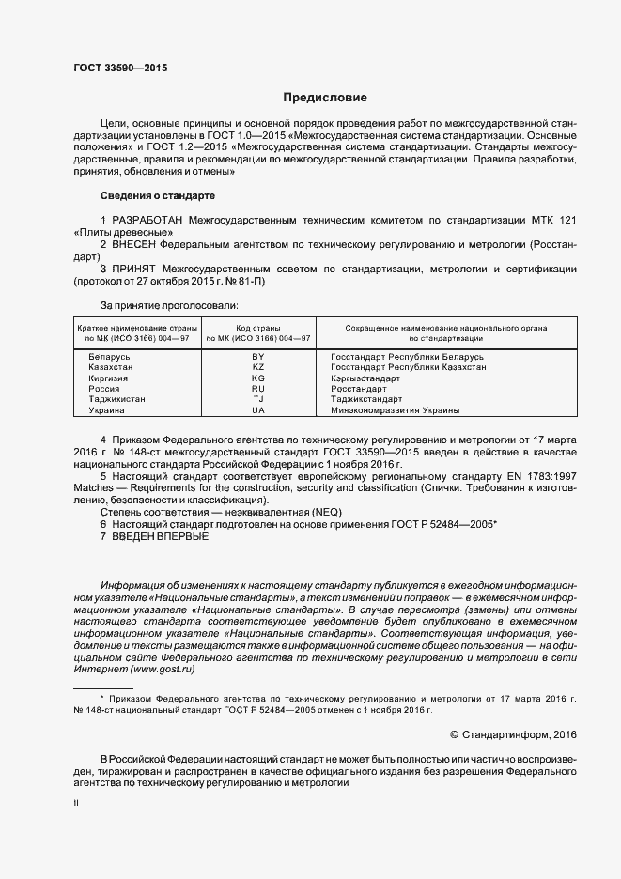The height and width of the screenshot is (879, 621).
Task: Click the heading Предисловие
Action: (325, 98)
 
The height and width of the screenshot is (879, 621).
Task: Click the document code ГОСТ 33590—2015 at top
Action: (120, 69)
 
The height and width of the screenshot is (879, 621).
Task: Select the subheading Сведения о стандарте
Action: (158, 195)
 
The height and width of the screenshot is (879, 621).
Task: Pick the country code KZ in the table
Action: (258, 368)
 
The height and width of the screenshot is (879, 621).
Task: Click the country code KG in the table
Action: (258, 378)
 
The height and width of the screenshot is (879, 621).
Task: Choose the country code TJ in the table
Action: (258, 399)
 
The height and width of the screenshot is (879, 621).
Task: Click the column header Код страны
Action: (258, 327)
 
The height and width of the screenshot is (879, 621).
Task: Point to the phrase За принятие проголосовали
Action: (169, 305)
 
